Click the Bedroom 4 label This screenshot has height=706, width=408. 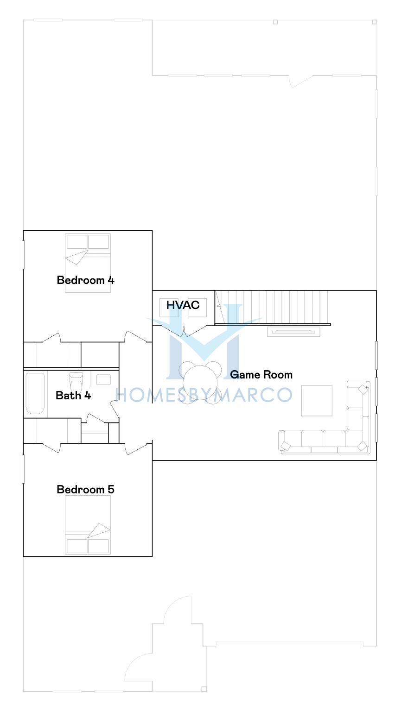(85, 280)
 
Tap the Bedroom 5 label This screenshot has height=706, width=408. (85, 489)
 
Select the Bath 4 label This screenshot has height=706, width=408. (73, 395)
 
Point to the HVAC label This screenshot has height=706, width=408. (183, 305)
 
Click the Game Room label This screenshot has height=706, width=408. (261, 374)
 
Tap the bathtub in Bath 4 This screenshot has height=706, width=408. (35, 393)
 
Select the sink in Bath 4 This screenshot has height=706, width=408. (103, 379)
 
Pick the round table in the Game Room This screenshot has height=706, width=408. (200, 382)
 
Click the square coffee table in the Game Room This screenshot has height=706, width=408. (317, 401)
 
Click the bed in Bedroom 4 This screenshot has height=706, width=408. (88, 263)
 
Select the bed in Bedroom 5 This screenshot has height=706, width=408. (88, 525)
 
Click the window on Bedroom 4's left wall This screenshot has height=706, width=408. (23, 255)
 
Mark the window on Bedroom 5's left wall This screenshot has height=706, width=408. (23, 469)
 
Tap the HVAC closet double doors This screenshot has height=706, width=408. (184, 331)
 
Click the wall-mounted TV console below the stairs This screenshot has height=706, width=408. (293, 332)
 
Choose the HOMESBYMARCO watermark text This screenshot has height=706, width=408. (204, 395)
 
